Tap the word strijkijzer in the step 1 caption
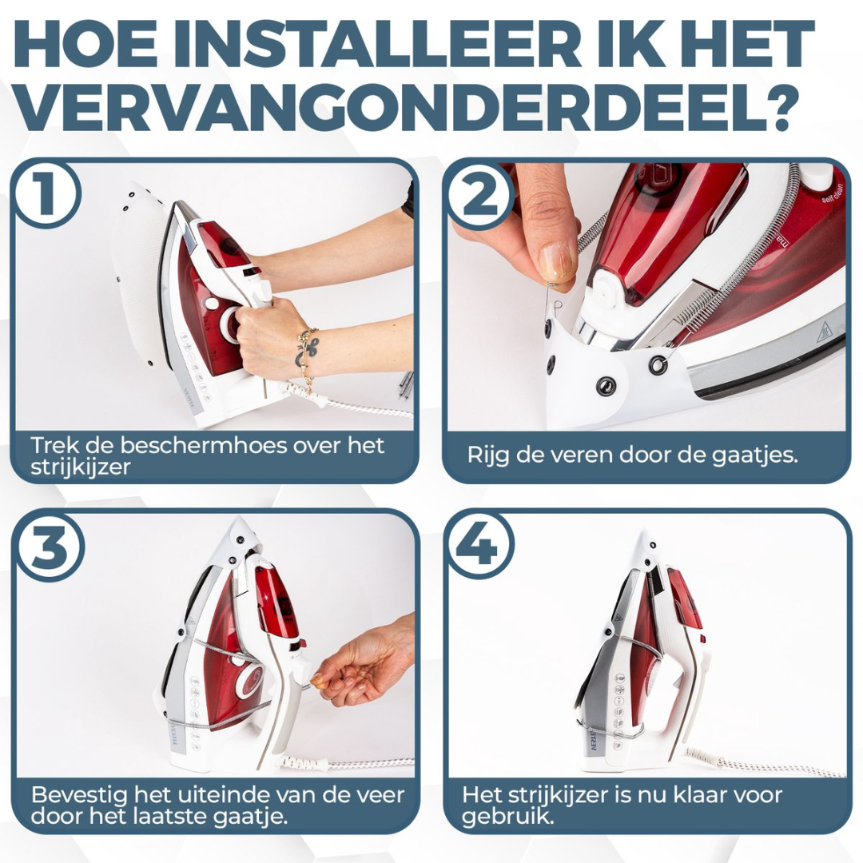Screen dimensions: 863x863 (x=81, y=467)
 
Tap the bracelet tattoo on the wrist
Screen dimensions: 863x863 (x=304, y=351)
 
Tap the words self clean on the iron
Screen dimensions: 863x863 (x=832, y=193)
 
